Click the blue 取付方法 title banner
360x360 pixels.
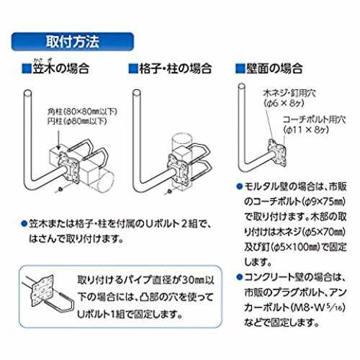click(x=73, y=42)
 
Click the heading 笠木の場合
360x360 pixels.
click(x=61, y=68)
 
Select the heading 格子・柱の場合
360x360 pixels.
click(x=175, y=68)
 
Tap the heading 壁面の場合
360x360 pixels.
click(x=274, y=68)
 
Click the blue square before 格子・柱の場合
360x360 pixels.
click(x=133, y=68)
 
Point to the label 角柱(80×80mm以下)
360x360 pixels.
click(x=82, y=112)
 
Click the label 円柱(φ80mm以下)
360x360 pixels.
click(x=77, y=121)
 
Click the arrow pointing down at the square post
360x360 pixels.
click(x=58, y=138)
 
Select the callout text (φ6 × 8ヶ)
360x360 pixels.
click(x=284, y=103)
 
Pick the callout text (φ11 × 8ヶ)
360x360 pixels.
click(x=306, y=130)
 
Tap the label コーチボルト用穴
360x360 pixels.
click(x=314, y=120)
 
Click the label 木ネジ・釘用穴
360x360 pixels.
click(x=289, y=93)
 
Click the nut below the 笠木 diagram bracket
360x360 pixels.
click(x=60, y=189)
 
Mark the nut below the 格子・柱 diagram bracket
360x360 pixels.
click(x=169, y=191)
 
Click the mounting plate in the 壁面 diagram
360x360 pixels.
click(x=278, y=153)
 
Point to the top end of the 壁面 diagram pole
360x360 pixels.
click(x=242, y=86)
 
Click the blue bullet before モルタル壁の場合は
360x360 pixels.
click(x=240, y=186)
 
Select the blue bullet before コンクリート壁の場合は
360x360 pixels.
click(x=240, y=277)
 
